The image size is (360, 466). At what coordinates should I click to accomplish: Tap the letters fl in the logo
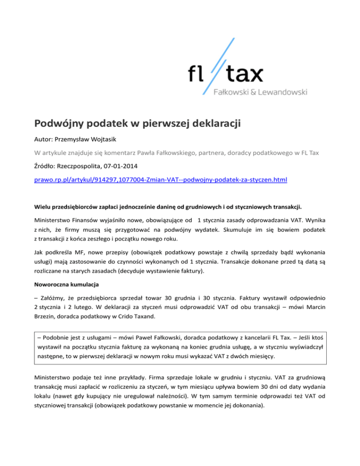(196, 74)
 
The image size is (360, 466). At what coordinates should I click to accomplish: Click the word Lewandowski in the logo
(285, 91)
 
